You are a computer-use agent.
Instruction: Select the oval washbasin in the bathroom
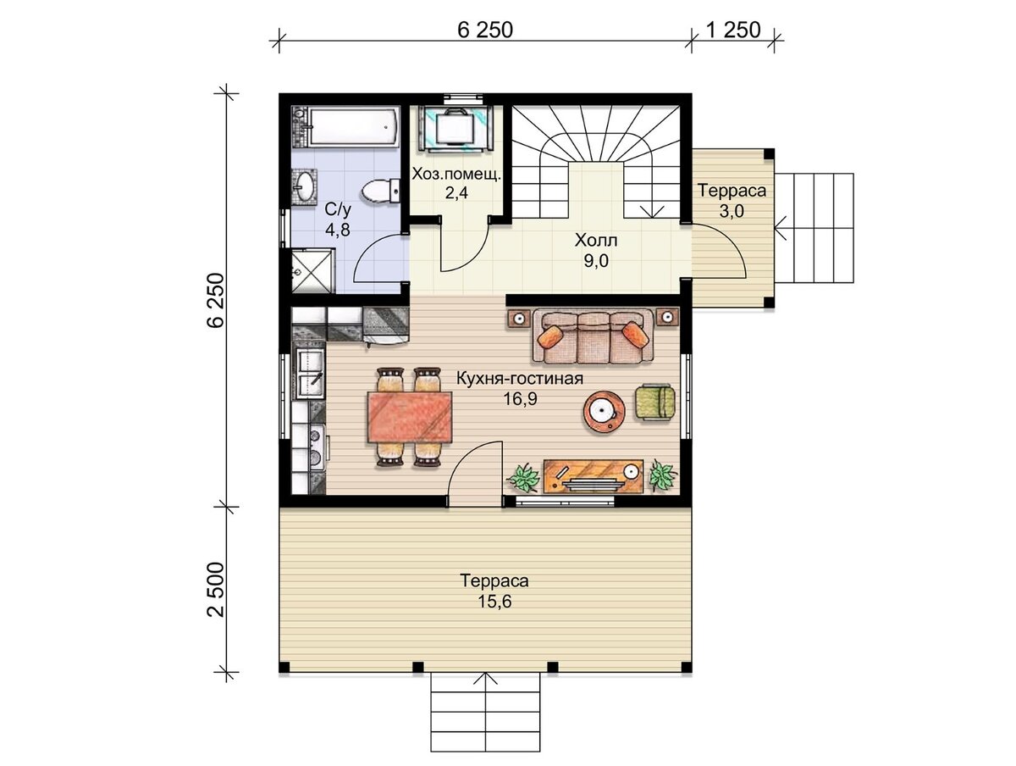point(304,186)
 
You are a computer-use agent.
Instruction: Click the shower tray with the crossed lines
point(313,271)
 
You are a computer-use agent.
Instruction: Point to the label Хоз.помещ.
point(456,175)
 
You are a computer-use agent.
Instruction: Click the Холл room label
point(596,241)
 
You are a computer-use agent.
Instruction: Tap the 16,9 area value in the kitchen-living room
point(520,398)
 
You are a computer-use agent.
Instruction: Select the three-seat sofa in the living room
point(593,336)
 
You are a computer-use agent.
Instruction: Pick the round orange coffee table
point(604,412)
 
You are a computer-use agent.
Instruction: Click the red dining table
point(410,417)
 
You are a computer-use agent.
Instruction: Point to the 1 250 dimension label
point(733,31)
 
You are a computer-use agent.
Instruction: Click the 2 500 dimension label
point(216,589)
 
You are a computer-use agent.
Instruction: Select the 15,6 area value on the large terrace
point(494,602)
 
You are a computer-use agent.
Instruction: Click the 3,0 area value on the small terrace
point(732,211)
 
